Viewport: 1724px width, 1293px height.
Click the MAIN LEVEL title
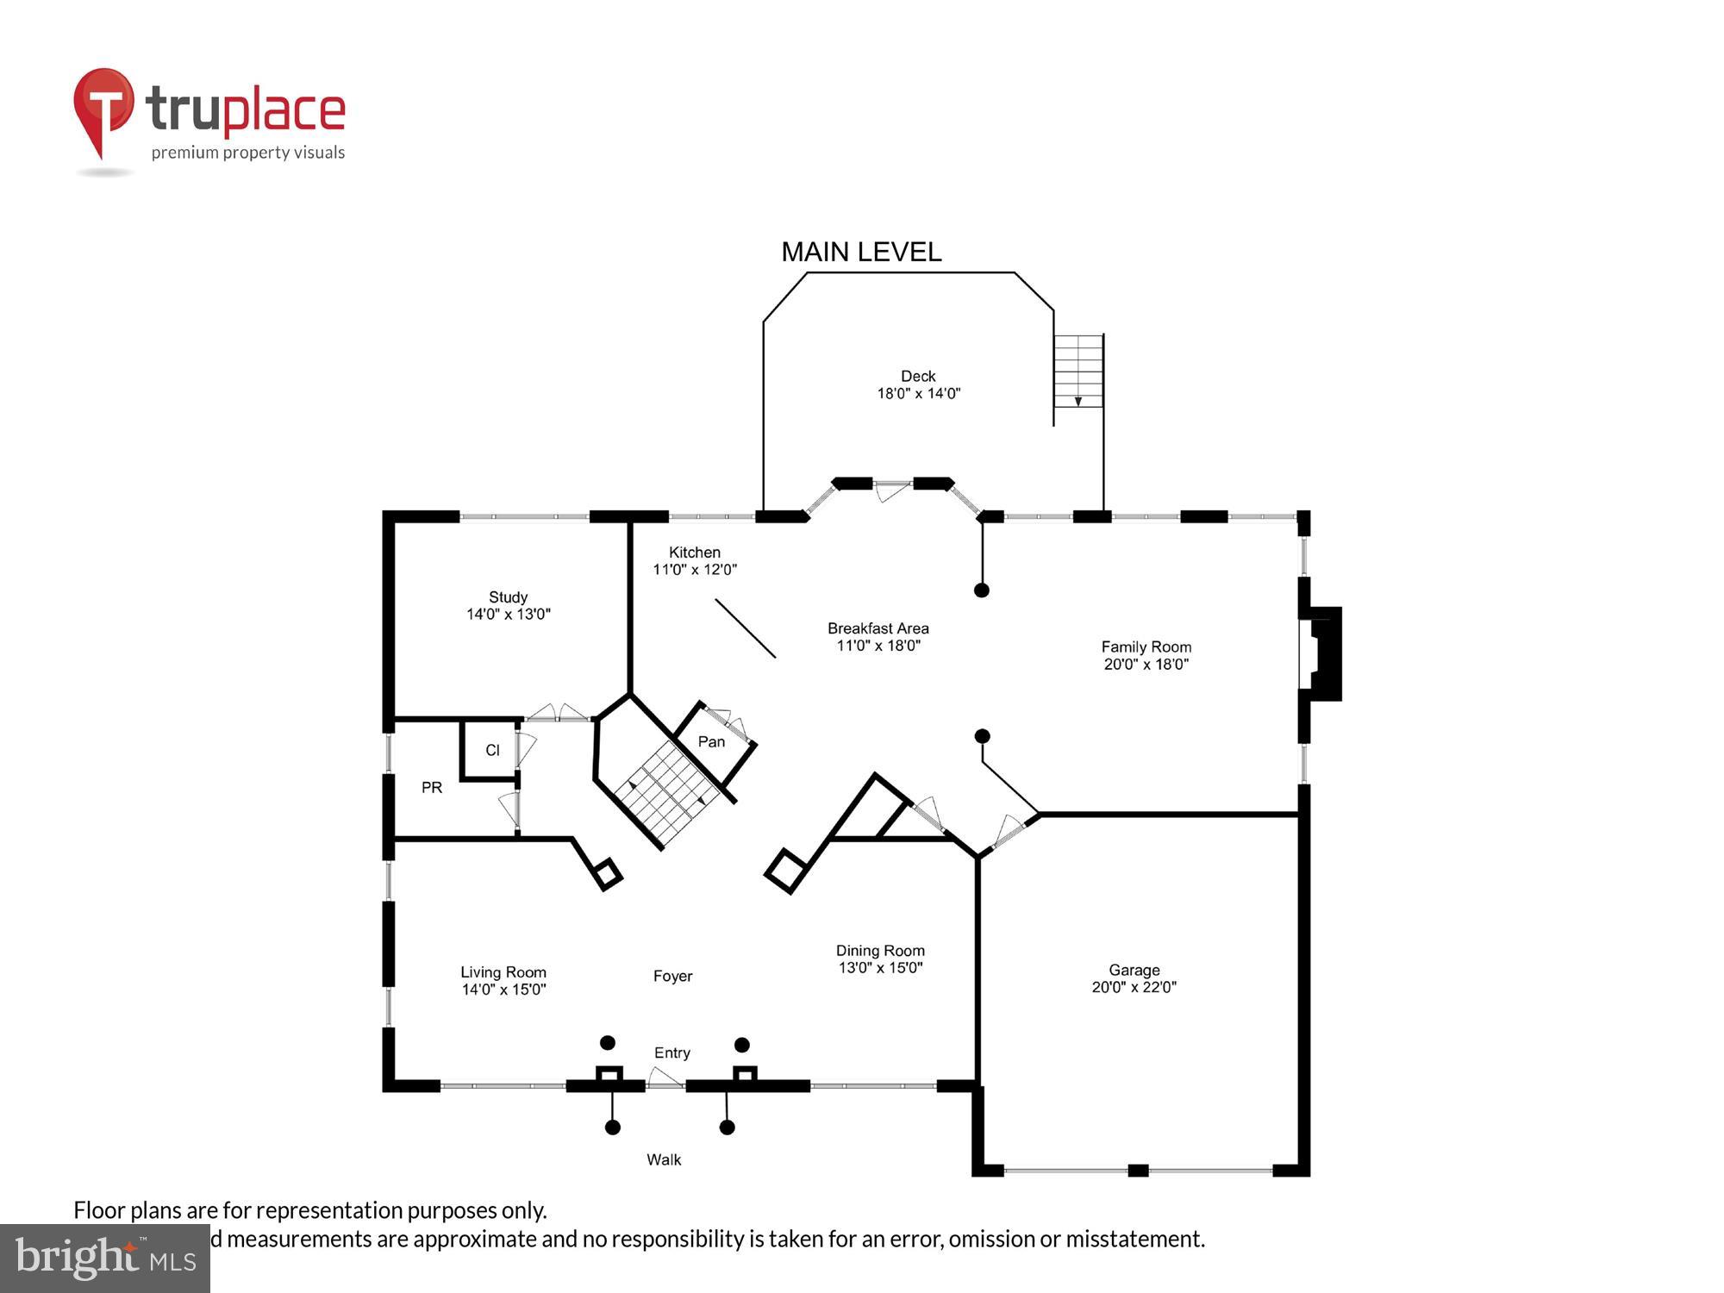[861, 252]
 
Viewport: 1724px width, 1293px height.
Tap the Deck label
[918, 376]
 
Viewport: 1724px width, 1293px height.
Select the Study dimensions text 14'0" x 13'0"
[508, 615]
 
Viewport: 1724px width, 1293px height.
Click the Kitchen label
[694, 553]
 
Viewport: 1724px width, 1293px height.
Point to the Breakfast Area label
[878, 628]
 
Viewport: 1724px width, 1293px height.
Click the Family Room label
[1146, 646]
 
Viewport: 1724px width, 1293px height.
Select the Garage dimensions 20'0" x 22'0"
[1134, 988]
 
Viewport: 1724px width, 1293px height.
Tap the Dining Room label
[879, 951]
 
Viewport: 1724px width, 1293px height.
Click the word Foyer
[672, 976]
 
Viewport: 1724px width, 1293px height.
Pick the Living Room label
[503, 972]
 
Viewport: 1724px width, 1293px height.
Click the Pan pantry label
[711, 741]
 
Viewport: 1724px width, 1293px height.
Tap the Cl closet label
[492, 750]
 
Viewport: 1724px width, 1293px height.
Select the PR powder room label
[432, 787]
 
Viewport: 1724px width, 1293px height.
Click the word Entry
[671, 1053]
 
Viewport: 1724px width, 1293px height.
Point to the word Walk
[664, 1159]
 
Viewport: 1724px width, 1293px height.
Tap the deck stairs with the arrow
[1078, 372]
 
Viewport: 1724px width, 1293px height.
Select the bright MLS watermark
[105, 1259]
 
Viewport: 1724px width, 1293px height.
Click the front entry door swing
[664, 1077]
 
